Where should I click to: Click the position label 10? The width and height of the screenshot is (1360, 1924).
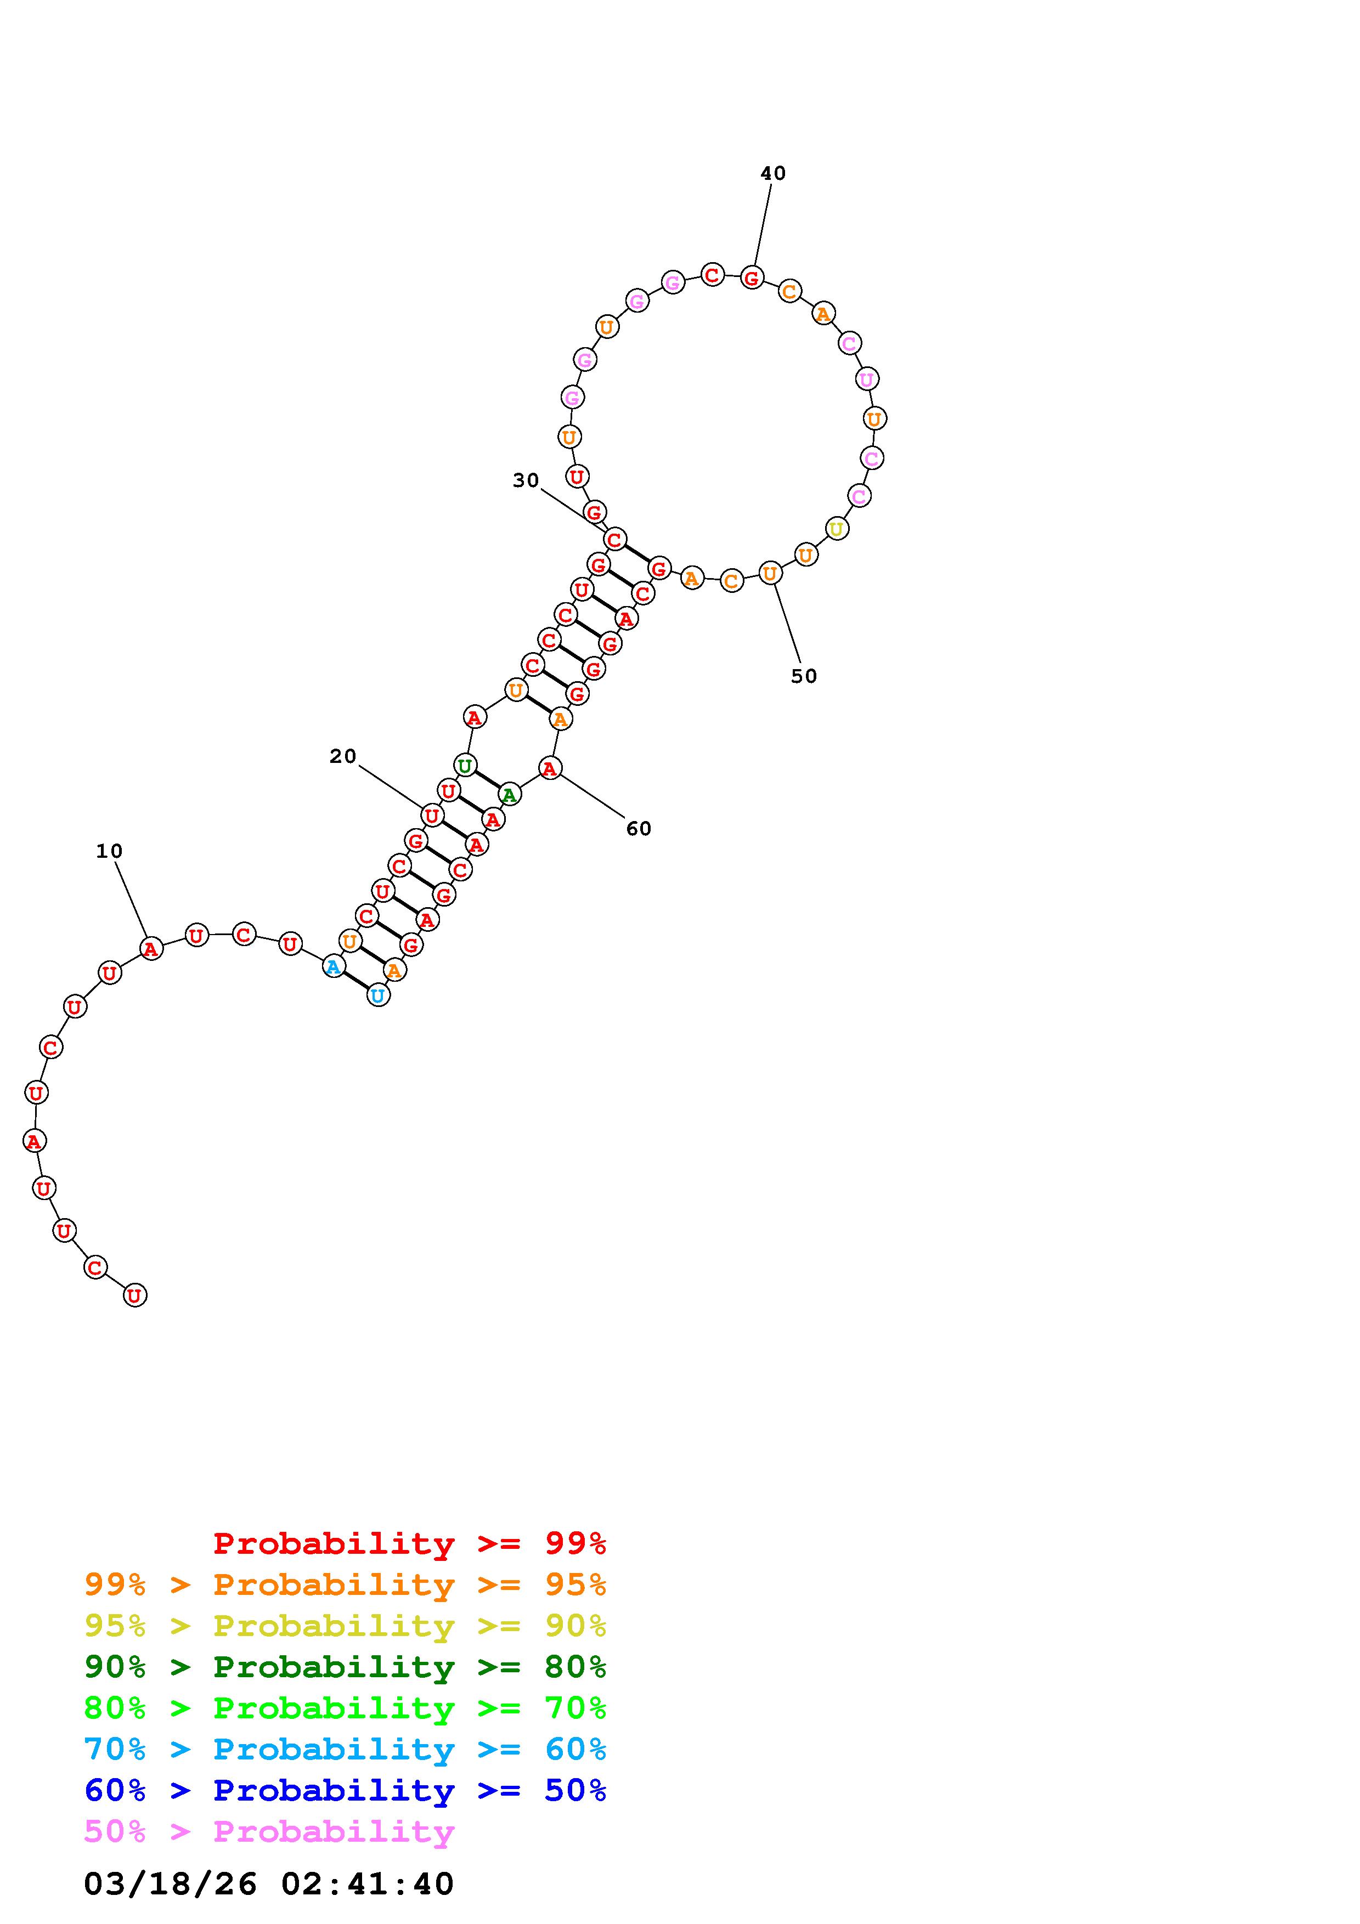pos(109,851)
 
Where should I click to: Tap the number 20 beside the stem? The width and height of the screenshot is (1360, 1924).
pos(343,757)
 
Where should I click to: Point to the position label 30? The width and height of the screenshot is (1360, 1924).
pos(526,480)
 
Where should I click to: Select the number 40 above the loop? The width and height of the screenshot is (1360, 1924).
pos(772,173)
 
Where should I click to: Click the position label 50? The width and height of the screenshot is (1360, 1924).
pos(804,676)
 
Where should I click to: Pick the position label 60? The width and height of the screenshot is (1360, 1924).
pos(639,829)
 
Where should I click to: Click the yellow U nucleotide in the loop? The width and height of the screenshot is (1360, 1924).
pos(836,529)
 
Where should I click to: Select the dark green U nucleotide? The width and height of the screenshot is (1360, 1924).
pos(465,765)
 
